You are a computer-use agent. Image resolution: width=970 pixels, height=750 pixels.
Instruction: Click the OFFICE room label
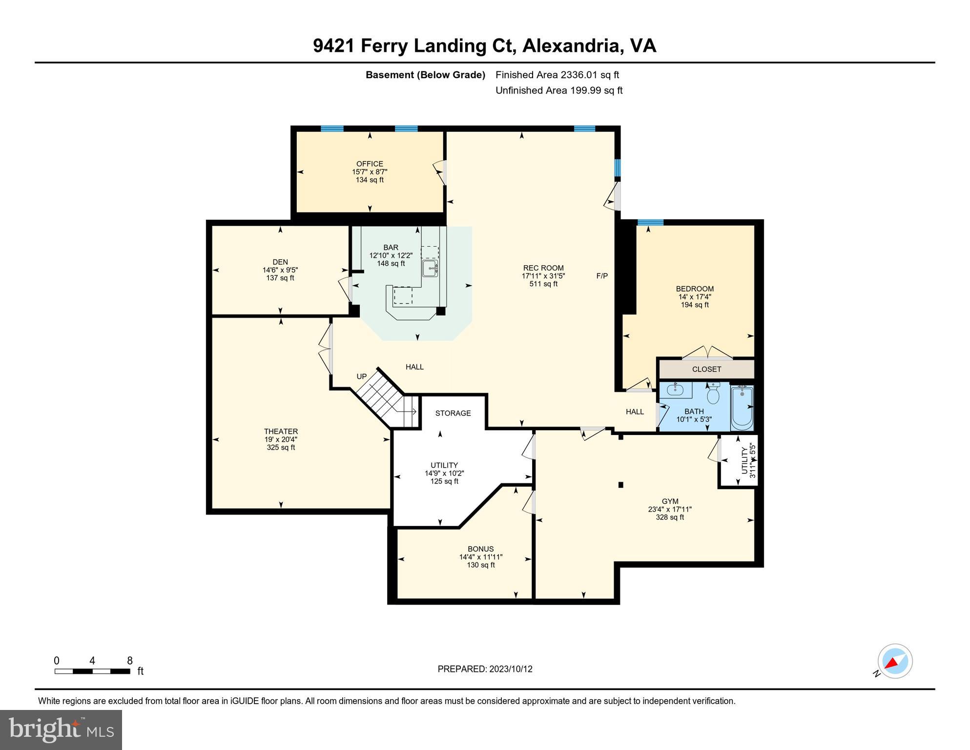(x=370, y=164)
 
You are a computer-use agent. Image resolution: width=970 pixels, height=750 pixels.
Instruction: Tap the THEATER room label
(x=281, y=431)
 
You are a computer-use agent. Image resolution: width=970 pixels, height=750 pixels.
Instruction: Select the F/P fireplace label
(x=602, y=276)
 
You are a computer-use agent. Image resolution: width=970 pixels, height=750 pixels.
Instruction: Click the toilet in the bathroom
(x=713, y=393)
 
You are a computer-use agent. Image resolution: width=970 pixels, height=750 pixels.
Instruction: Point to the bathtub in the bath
(x=742, y=408)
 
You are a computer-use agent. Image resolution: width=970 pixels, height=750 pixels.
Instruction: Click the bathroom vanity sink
(x=676, y=390)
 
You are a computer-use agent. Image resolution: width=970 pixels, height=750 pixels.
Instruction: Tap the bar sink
(x=430, y=268)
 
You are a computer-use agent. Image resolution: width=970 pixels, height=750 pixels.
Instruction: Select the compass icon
(x=894, y=661)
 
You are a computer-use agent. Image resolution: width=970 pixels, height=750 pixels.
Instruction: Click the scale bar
(x=92, y=671)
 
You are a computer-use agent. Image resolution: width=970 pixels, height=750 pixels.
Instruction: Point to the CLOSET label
(x=706, y=369)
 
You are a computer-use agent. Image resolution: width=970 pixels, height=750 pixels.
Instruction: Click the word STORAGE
(x=453, y=413)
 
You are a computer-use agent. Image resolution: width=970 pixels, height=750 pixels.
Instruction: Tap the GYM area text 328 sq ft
(x=670, y=517)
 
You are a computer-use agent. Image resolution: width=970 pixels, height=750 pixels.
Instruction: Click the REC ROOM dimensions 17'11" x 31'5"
(x=543, y=276)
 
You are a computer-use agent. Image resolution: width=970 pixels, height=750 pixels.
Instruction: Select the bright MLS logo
(x=61, y=730)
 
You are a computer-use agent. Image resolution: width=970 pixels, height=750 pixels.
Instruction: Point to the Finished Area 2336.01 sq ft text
(x=557, y=75)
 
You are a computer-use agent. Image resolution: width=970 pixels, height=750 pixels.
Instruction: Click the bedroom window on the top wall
(x=650, y=223)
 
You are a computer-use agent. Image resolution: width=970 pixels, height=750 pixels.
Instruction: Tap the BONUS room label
(x=481, y=549)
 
